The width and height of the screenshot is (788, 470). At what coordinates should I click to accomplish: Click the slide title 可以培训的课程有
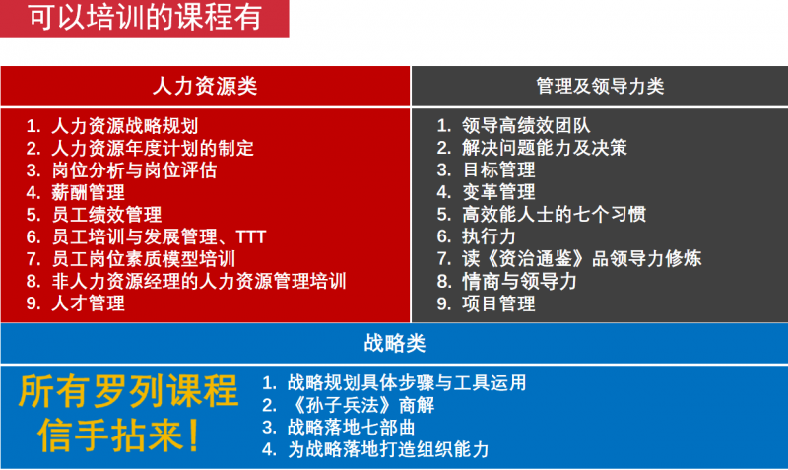click(x=145, y=17)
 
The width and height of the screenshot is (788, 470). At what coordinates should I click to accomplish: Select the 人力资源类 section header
click(x=205, y=86)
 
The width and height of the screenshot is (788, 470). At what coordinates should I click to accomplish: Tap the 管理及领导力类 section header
click(x=600, y=86)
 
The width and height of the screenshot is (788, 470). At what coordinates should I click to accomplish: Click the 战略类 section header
click(x=395, y=344)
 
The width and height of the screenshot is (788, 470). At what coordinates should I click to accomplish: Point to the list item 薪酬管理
click(x=89, y=192)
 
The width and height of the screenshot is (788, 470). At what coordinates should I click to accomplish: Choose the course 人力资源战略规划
click(x=125, y=126)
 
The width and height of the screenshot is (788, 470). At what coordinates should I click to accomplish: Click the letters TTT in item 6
click(x=251, y=236)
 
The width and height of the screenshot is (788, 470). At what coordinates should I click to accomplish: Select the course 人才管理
click(x=89, y=303)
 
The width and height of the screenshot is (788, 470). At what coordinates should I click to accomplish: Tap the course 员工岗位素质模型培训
click(x=144, y=259)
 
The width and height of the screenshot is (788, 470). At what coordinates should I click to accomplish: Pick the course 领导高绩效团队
click(x=526, y=126)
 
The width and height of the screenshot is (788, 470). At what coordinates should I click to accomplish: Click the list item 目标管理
click(x=499, y=169)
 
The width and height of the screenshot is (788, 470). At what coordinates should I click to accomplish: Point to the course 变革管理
click(x=499, y=192)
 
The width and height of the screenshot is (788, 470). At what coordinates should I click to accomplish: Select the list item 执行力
click(x=490, y=236)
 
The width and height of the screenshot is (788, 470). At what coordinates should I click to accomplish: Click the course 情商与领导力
click(x=520, y=281)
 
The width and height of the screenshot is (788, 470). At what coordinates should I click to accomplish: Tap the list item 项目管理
click(x=499, y=303)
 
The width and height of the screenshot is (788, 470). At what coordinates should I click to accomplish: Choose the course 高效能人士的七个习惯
click(x=555, y=214)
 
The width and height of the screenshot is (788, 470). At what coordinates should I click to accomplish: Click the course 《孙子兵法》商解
click(x=361, y=405)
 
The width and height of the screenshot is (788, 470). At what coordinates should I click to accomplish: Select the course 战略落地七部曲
click(x=352, y=428)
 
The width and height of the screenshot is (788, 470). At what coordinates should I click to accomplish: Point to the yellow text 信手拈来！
click(x=119, y=436)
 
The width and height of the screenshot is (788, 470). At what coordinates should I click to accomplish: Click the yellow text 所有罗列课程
click(x=128, y=391)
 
